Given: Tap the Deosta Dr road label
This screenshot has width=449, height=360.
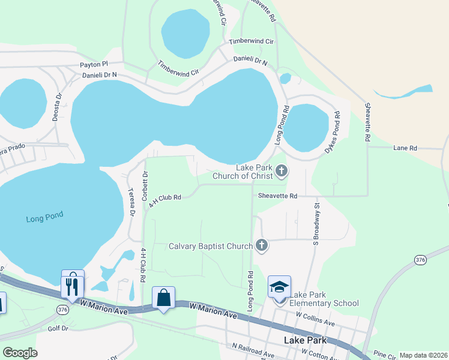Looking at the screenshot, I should pyautogui.click(x=58, y=107).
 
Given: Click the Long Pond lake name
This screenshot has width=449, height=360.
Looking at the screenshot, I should pyautogui.click(x=44, y=218).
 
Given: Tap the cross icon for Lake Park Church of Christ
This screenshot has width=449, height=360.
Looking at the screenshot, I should pyautogui.click(x=281, y=172).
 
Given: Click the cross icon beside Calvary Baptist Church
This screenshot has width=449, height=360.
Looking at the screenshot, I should pyautogui.click(x=261, y=245).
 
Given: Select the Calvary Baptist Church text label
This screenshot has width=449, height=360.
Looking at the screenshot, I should pyautogui.click(x=210, y=246).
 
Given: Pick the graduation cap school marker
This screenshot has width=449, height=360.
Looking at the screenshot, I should pyautogui.click(x=279, y=287).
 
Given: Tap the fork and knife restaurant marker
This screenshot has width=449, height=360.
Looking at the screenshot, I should pyautogui.click(x=73, y=282).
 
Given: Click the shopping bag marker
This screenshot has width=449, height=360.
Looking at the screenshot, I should pyautogui.click(x=163, y=298).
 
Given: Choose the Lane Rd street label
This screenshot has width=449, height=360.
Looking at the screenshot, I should pyautogui.click(x=405, y=148).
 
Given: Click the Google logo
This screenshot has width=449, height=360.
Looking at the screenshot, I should pyautogui.click(x=20, y=353).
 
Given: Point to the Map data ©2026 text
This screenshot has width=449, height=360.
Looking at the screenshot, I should pyautogui.click(x=423, y=355).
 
